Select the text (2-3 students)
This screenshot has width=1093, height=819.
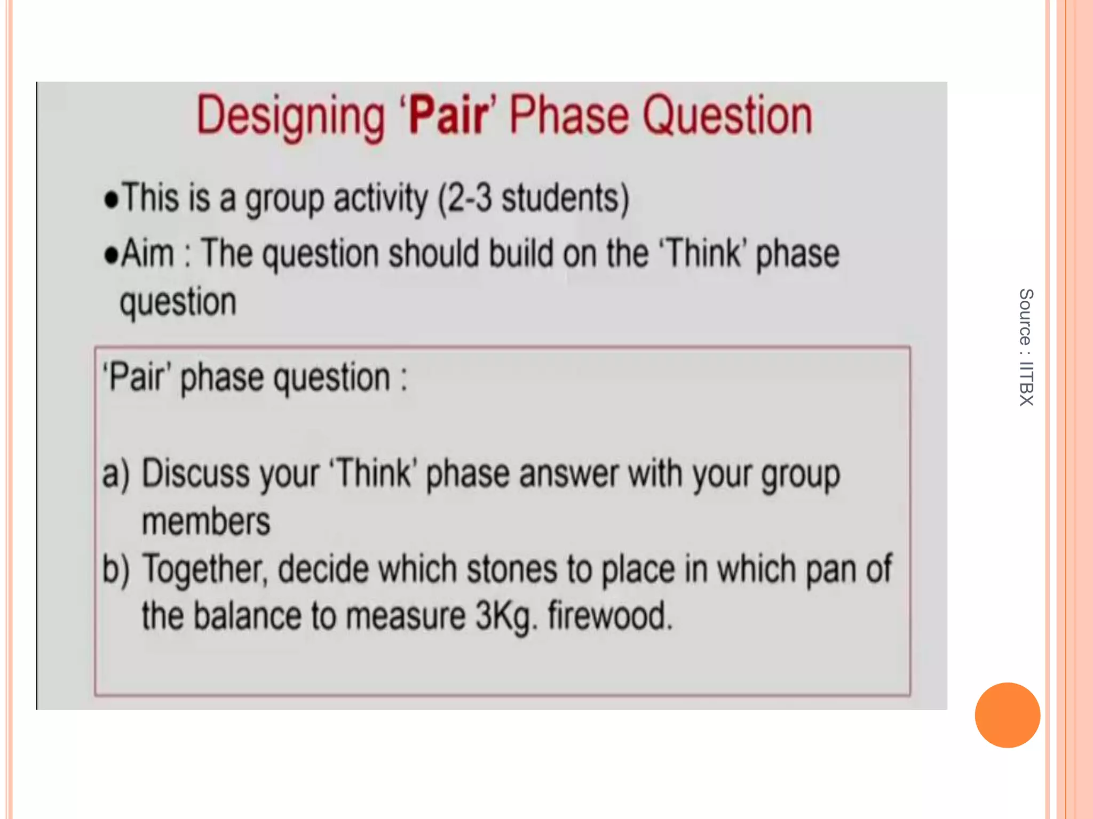[533, 199]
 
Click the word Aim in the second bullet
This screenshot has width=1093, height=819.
[148, 253]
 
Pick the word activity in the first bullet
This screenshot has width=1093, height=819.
[381, 199]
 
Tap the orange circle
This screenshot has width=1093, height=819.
[1007, 715]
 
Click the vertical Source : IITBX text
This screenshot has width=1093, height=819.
[1026, 347]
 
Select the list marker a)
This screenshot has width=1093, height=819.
[116, 474]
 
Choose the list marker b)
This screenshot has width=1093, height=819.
[116, 569]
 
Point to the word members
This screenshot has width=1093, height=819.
[206, 521]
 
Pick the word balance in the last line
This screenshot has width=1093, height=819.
[248, 616]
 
